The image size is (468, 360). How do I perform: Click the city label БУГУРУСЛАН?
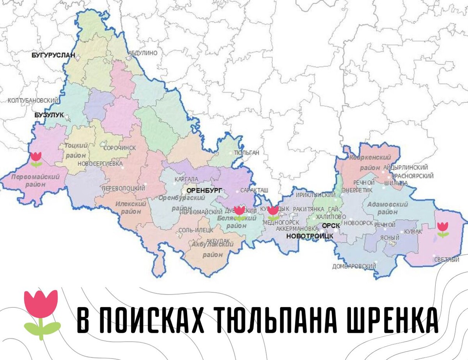53,56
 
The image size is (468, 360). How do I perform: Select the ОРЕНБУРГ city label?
204,190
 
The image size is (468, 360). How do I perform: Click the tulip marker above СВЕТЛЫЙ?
443,229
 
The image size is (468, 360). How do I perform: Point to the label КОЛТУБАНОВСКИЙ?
30,101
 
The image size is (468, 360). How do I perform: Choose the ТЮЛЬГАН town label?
246,153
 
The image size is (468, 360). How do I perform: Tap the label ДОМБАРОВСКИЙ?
354,266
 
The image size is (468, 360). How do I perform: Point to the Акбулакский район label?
213,249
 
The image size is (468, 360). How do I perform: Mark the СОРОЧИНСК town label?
120,148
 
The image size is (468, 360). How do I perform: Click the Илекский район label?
131,208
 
